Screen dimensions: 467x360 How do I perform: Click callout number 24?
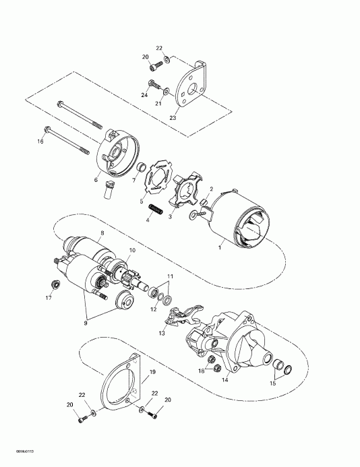point(144,95)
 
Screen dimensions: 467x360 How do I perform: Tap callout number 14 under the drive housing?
point(224,380)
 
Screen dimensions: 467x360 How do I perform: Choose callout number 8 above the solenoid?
point(102,232)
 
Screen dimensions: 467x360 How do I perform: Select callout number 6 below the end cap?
point(96,180)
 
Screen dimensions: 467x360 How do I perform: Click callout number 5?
point(141,201)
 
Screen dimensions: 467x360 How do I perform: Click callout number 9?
point(86,323)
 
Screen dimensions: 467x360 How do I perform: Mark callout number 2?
point(211,189)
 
